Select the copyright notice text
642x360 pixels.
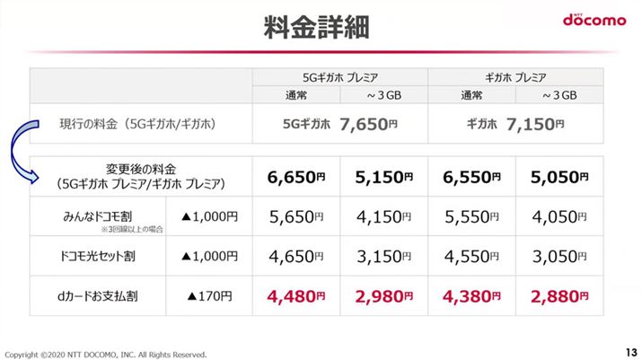(107, 352)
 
